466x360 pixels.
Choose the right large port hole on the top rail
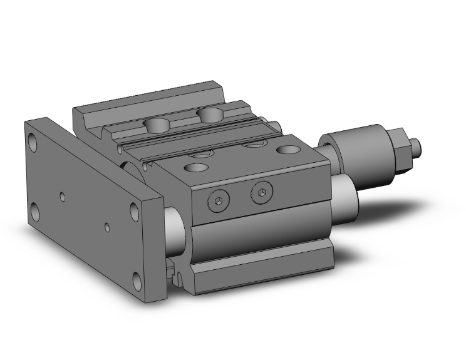tap(209, 114)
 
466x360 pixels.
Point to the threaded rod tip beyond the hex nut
tap(420, 148)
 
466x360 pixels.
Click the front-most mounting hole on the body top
tap(197, 168)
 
